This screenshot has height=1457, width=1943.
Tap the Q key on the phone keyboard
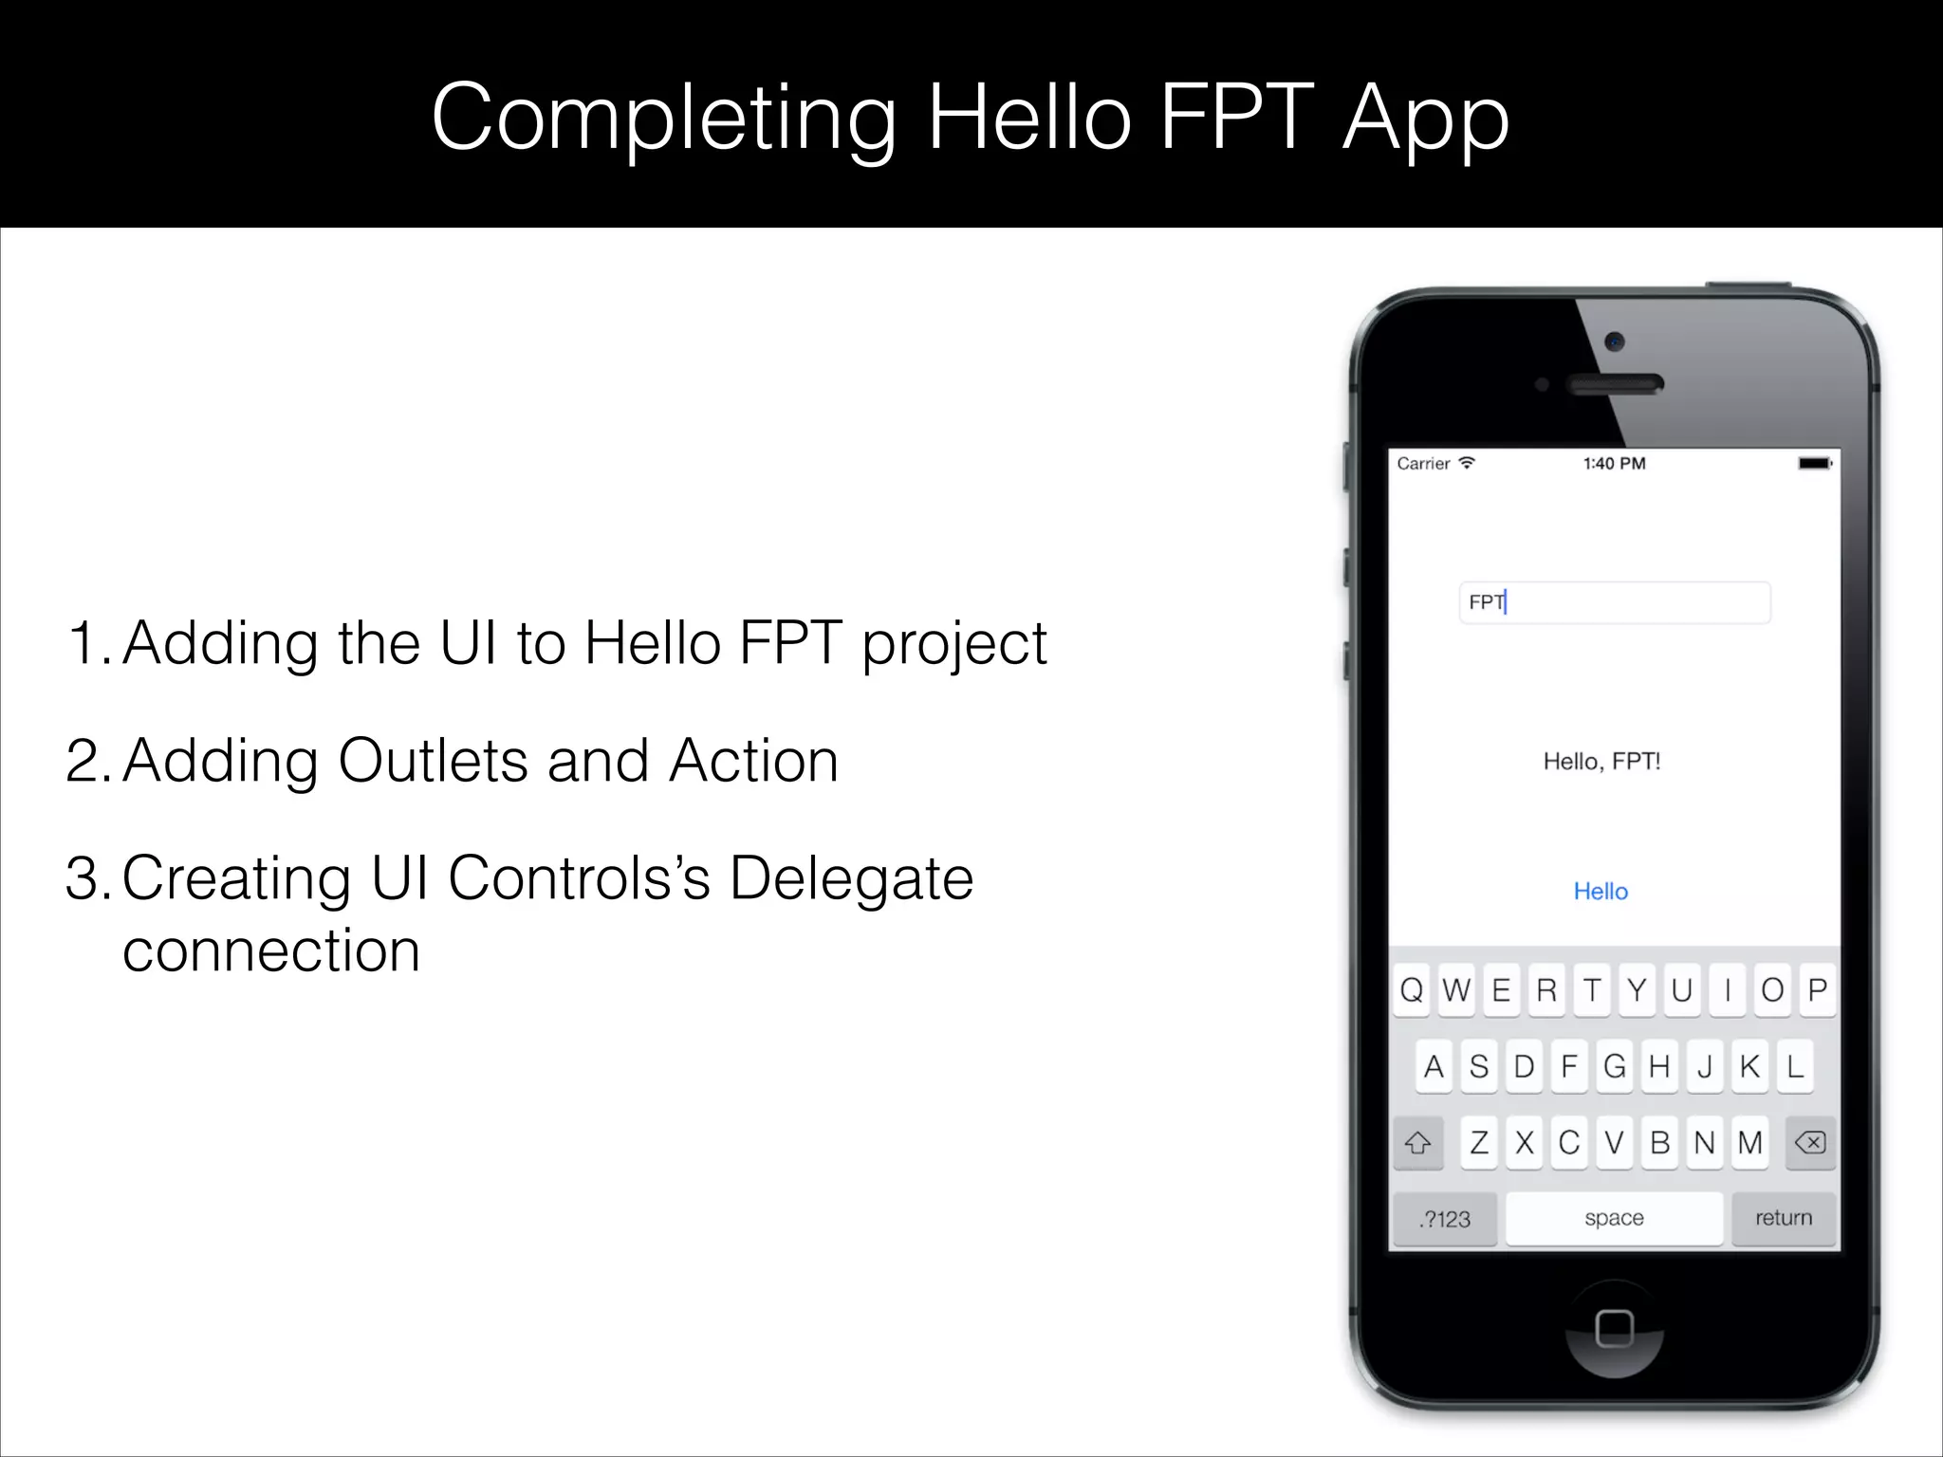click(x=1412, y=990)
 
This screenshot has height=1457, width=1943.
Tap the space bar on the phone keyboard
click(x=1614, y=1218)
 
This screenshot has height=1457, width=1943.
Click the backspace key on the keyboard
click(x=1810, y=1142)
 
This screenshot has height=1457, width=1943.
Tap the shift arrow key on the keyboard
click(x=1418, y=1143)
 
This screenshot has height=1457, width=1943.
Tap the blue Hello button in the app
click(x=1601, y=892)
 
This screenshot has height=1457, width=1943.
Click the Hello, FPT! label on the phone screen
click(x=1601, y=761)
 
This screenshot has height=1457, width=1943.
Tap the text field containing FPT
click(x=1614, y=602)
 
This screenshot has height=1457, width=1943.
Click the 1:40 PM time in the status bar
click(x=1614, y=464)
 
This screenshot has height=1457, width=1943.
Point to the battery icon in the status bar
click(x=1815, y=464)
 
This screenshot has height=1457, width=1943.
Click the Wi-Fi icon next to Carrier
click(x=1467, y=463)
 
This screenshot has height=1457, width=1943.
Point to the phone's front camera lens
click(x=1615, y=341)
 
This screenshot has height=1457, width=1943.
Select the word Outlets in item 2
click(x=433, y=761)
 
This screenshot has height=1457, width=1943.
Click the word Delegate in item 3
click(x=851, y=878)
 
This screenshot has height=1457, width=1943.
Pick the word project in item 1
click(x=953, y=644)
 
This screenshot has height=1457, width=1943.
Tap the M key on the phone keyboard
click(x=1750, y=1142)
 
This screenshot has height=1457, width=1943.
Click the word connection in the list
click(x=271, y=950)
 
